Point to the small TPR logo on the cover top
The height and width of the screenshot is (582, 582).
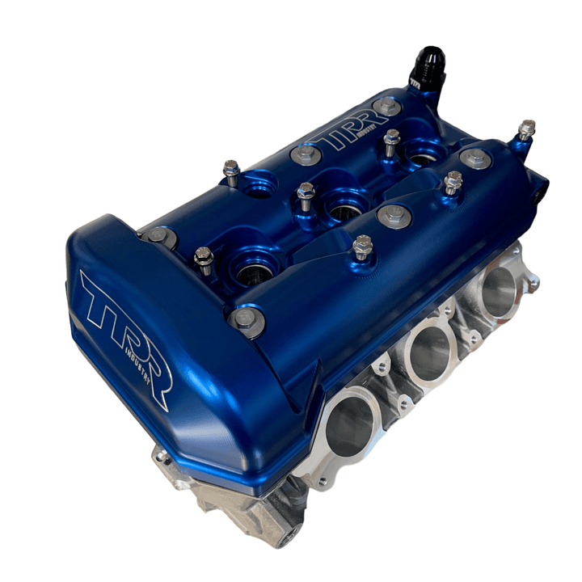(348, 138)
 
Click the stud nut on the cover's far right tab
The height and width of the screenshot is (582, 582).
(527, 129)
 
